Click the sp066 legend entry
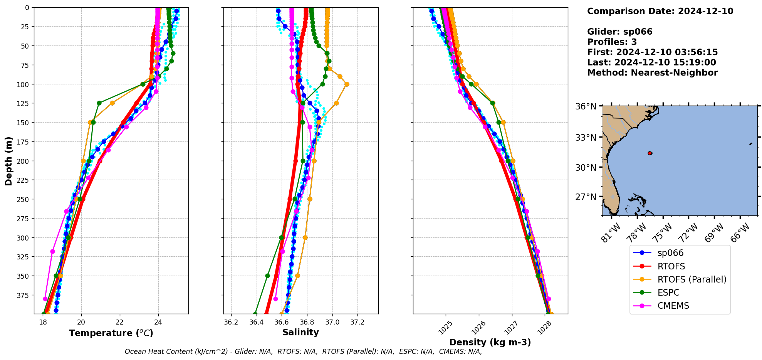tap(670, 253)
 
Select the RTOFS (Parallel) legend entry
tap(692, 279)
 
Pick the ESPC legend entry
tap(668, 293)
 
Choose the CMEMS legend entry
tap(673, 306)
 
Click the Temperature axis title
tap(111, 333)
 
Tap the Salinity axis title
tap(300, 332)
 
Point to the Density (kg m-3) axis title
tap(490, 342)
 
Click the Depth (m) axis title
tap(8, 161)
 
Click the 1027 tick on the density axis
tap(511, 327)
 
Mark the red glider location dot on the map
tap(650, 153)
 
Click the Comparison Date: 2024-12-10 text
tap(660, 11)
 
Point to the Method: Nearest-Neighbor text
tap(652, 73)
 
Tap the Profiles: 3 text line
tap(612, 42)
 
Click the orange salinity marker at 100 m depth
tap(347, 84)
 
